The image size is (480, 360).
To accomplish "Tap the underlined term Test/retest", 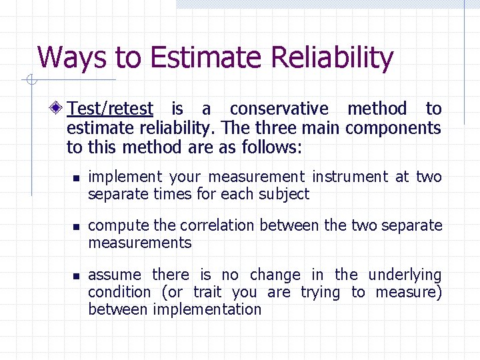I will coord(111,109).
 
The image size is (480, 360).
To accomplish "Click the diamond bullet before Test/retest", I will coord(59,109).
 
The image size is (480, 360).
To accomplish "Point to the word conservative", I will coord(279,109).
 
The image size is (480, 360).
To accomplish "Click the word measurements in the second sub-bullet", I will coord(139,243).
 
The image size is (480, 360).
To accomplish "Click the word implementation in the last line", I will coord(207,309).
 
